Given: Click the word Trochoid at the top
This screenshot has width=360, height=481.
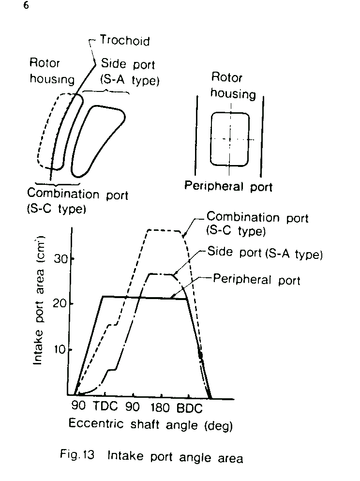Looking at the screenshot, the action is click(x=125, y=41).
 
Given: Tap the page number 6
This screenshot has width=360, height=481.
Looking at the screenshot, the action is click(x=26, y=5).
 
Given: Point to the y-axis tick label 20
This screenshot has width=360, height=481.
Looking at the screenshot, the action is click(x=60, y=304).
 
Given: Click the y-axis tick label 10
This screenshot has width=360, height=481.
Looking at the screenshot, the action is click(x=60, y=349).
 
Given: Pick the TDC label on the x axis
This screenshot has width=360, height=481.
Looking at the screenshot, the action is click(x=105, y=406).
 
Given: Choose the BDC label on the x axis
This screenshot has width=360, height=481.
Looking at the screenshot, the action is click(x=190, y=408).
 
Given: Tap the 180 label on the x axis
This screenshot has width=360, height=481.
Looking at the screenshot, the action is click(x=160, y=407).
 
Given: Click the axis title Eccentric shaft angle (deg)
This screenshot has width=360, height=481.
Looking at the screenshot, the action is click(x=150, y=424).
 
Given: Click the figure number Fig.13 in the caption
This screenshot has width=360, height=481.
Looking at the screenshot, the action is click(x=77, y=454).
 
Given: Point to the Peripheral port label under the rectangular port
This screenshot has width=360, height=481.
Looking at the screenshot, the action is click(x=228, y=186).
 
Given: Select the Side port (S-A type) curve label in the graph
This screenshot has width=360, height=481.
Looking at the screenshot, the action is click(x=265, y=253).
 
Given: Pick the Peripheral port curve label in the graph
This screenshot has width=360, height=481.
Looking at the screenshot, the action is click(x=256, y=280).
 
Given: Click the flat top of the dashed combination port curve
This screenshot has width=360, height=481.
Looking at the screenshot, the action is click(x=165, y=230).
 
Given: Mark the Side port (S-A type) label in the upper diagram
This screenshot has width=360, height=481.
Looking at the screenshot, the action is click(x=130, y=72).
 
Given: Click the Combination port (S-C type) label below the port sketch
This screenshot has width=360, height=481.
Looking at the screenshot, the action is click(x=77, y=201).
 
